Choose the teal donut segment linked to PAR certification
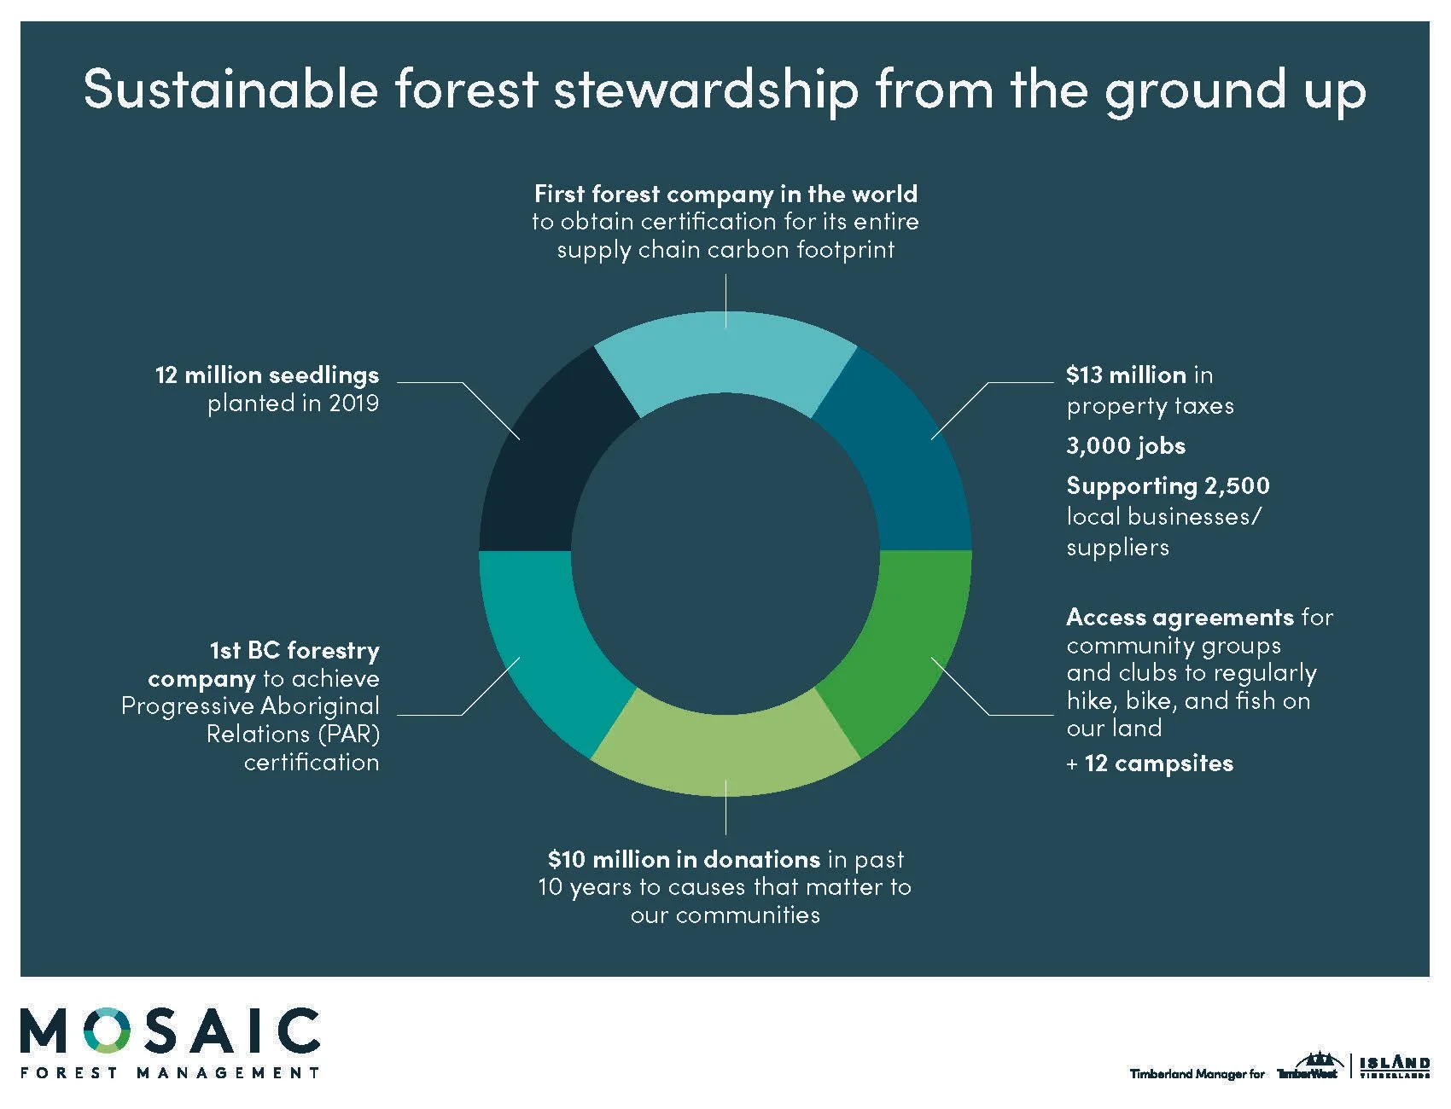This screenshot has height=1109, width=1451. point(546,648)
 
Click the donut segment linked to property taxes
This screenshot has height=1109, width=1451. point(905,461)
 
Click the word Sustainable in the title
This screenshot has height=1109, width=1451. point(230,89)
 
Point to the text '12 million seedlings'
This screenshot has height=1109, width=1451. point(266,375)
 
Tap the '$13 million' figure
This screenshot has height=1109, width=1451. point(1126,375)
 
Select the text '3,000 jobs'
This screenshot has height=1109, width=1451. point(1126,445)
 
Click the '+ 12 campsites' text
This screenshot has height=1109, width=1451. point(1150,763)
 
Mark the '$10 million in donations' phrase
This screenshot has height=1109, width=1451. point(684,859)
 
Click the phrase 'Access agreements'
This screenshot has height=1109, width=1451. point(1180,617)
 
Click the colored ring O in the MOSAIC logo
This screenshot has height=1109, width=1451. point(108,1031)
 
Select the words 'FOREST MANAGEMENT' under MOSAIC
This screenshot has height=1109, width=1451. point(170,1072)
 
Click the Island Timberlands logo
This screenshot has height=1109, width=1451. point(1395,1066)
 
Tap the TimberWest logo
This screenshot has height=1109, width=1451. point(1308,1068)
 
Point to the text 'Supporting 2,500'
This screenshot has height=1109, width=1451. point(1168,485)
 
